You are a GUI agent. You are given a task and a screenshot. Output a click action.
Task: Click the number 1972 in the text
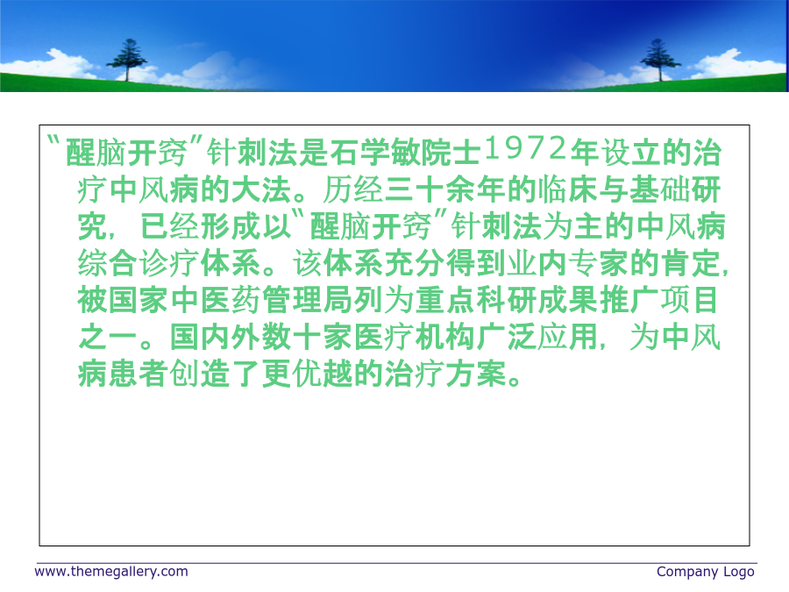(525, 148)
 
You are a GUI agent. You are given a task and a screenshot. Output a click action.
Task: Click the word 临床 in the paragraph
(567, 189)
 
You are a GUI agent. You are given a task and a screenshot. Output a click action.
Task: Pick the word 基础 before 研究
(659, 189)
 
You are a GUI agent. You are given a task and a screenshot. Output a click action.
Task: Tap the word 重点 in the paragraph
(444, 301)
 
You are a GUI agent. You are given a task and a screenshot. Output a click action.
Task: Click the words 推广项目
(659, 301)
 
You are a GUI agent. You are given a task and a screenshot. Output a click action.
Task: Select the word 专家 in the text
(598, 263)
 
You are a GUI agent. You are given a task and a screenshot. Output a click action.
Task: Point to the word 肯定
(691, 263)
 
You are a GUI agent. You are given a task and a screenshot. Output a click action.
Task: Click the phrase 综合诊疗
(138, 263)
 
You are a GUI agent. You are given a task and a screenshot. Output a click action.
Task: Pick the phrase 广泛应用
(537, 337)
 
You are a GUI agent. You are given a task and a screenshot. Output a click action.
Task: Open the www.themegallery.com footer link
(111, 572)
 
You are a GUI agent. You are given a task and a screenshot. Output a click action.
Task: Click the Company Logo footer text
(706, 572)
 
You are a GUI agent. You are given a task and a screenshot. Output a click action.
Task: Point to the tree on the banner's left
(127, 60)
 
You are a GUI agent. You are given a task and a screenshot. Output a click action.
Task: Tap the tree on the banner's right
(659, 60)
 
